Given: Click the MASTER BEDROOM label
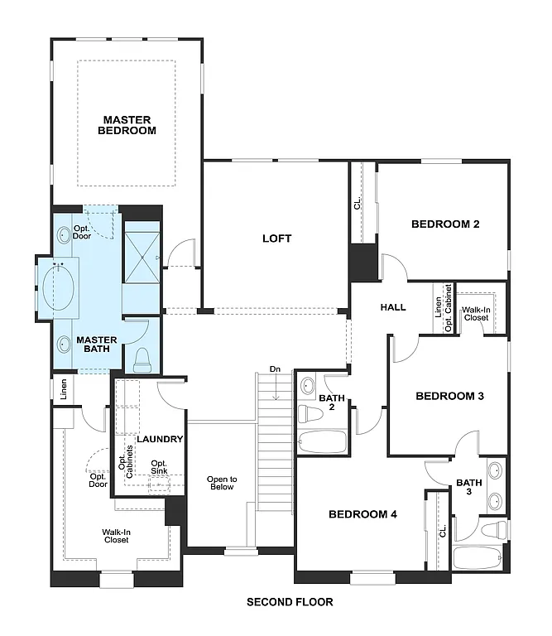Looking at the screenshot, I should pos(127,125).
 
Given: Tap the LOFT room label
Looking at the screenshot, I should pos(277,238).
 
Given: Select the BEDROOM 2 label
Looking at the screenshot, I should pos(446,224).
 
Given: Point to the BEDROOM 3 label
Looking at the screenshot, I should pos(449,396).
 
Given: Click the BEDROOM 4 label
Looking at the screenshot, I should pos(362,514).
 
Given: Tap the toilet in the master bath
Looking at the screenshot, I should pos(141,358).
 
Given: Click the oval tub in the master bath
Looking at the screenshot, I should pos(58,287).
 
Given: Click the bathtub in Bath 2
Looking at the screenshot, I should pos(323,441).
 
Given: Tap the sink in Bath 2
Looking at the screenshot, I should pos(307,386).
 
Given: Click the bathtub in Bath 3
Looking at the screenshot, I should pos(478,557).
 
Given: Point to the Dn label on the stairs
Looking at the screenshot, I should pos(275,369).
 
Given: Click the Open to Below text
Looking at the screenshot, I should pos(222,483).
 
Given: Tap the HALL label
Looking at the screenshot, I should pos(393,307).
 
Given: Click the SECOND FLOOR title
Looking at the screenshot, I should pos(290,602).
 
